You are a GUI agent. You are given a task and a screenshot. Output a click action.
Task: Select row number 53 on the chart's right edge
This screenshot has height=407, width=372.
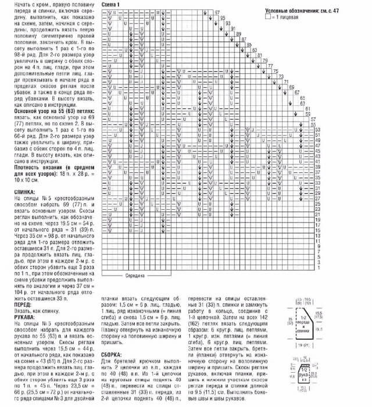click(x=318, y=135)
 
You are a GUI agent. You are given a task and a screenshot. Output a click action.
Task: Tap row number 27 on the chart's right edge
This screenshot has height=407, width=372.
click(x=318, y=201)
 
